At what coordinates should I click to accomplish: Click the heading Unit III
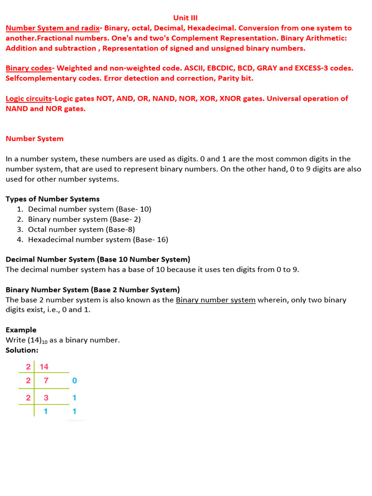(x=186, y=18)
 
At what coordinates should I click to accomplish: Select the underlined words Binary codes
(x=29, y=68)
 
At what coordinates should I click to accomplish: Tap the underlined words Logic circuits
(x=29, y=99)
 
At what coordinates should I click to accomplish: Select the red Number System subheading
(x=34, y=139)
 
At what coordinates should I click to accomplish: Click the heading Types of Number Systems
(x=52, y=199)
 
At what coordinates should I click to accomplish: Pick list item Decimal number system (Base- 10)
(x=90, y=209)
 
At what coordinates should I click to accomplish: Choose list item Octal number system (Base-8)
(x=81, y=230)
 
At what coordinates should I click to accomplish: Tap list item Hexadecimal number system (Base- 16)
(x=98, y=240)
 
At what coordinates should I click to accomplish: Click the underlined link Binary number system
(x=216, y=300)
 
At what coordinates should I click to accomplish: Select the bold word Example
(x=21, y=330)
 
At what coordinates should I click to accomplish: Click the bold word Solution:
(x=22, y=350)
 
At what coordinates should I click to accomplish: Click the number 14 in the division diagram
(x=44, y=367)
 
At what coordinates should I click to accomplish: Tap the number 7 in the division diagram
(x=46, y=381)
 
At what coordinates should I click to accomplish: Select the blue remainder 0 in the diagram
(x=74, y=381)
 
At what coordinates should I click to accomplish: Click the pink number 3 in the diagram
(x=46, y=398)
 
